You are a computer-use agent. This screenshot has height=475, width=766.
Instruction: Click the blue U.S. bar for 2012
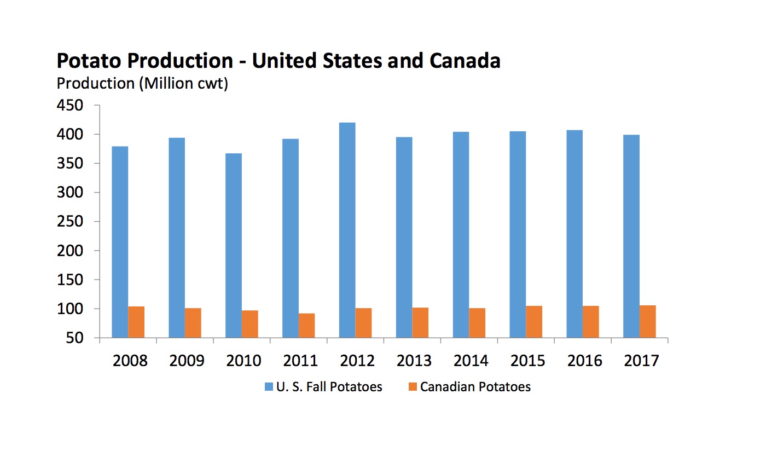(347, 230)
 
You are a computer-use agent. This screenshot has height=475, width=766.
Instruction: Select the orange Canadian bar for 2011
(307, 326)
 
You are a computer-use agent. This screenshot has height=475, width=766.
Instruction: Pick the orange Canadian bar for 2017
(647, 322)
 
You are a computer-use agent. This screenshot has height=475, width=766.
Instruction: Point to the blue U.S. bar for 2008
(120, 242)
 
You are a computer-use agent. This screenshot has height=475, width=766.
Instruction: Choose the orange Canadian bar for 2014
(477, 323)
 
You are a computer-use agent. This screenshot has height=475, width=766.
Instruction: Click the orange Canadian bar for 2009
(193, 323)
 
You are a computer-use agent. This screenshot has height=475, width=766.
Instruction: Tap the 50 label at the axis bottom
(77, 338)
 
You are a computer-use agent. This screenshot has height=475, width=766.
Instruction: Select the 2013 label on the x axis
(414, 361)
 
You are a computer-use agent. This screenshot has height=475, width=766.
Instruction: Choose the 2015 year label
(528, 361)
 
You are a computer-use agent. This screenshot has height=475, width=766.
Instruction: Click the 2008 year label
(130, 361)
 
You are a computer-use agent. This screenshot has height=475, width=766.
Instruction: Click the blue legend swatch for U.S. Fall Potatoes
(269, 387)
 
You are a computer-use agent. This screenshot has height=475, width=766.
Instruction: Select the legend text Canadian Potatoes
(475, 387)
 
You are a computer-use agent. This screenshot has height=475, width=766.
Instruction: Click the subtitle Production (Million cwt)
(142, 84)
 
